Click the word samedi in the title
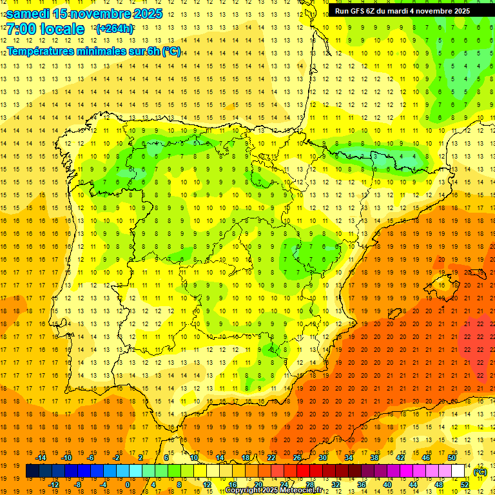coord(28,14)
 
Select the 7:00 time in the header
coord(20,29)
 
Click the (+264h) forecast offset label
coord(115,28)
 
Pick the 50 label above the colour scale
coord(452,458)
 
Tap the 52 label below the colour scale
coord(465,485)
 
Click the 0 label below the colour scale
coord(128,485)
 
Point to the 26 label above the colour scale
coord(297,458)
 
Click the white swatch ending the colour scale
coord(458,471)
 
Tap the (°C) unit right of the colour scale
coord(480,472)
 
